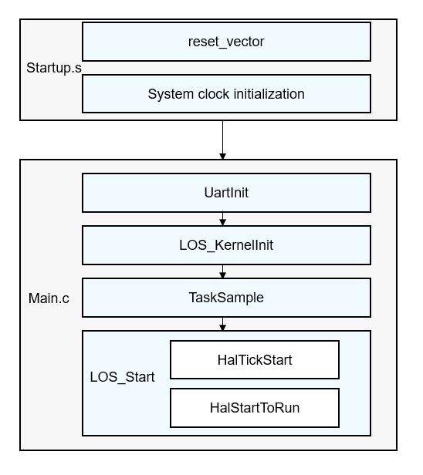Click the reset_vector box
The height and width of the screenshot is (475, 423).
[x=226, y=42]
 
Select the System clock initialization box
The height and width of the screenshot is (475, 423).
[x=226, y=94]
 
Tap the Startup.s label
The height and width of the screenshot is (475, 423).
[x=54, y=68]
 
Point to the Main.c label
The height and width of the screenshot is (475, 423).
[x=49, y=298]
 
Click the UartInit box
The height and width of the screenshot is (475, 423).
[x=226, y=193]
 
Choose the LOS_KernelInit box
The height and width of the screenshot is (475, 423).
[x=226, y=245]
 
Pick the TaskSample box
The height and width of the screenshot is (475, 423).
[x=226, y=298]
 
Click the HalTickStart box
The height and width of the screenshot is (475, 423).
[x=255, y=360]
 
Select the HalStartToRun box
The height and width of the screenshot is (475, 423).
[x=255, y=408]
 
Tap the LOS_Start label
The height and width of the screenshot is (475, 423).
[x=122, y=377]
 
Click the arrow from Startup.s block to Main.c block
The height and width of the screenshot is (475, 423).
[x=222, y=140]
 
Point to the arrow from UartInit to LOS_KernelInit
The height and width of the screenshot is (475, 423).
[x=222, y=218]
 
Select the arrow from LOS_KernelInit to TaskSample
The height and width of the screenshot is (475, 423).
[x=222, y=271]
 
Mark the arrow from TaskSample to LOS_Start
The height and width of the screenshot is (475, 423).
[x=222, y=324]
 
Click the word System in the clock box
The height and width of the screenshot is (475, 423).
[x=171, y=94]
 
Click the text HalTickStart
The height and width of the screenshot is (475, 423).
[x=255, y=360]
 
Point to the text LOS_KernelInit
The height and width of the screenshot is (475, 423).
[x=226, y=245]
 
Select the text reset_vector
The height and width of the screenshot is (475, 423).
[x=226, y=42]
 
